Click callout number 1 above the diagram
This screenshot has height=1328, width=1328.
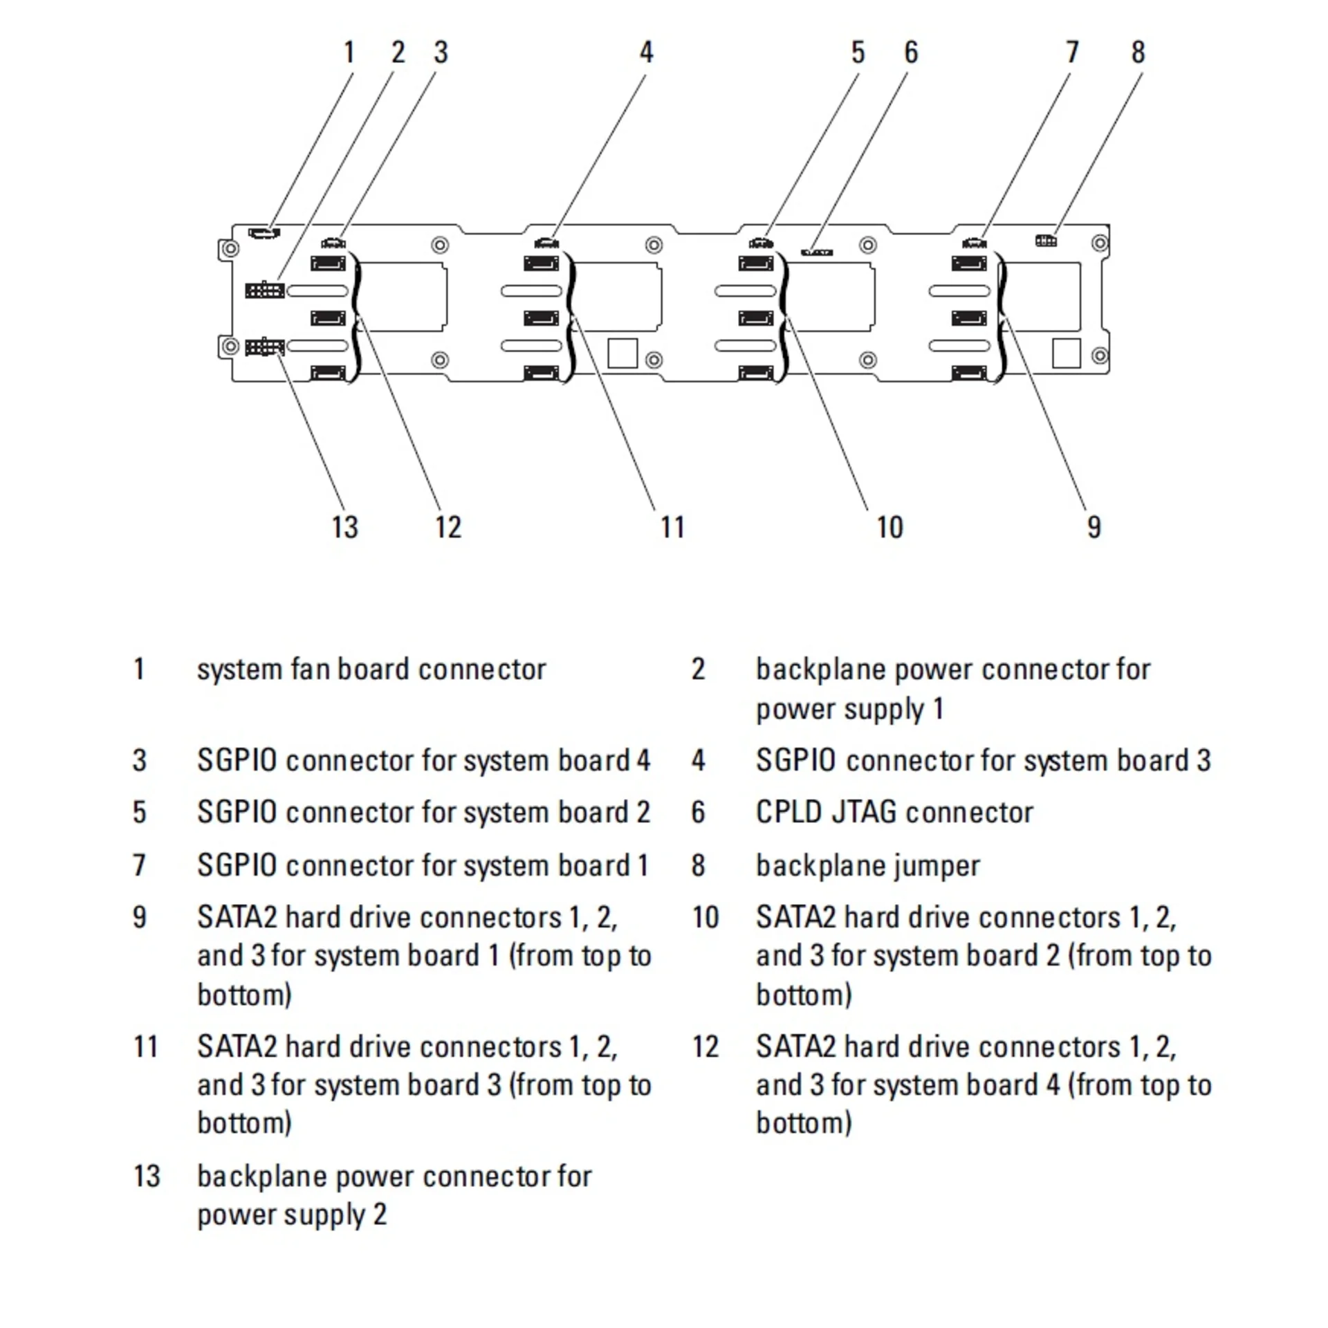click(349, 53)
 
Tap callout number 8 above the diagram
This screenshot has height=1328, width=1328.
click(1138, 53)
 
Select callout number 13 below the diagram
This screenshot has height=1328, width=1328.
click(344, 527)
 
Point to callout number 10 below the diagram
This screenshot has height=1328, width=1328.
click(889, 527)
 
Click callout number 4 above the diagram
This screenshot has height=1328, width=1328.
click(646, 53)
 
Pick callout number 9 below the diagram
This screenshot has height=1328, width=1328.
click(1094, 527)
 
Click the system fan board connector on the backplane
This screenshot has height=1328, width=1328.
click(264, 232)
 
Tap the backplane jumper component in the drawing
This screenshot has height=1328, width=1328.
click(1046, 241)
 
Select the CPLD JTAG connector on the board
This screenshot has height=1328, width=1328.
click(817, 252)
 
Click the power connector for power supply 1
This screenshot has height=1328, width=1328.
click(264, 289)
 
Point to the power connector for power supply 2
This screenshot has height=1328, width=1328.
click(264, 346)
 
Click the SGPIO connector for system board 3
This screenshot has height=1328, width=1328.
click(546, 243)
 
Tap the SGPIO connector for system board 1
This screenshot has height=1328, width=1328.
click(974, 243)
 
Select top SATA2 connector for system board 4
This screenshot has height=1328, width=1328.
click(328, 264)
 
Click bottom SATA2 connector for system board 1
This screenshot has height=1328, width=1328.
click(969, 373)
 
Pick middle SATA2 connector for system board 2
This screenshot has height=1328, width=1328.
click(756, 318)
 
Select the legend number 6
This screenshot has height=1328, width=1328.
click(698, 813)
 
